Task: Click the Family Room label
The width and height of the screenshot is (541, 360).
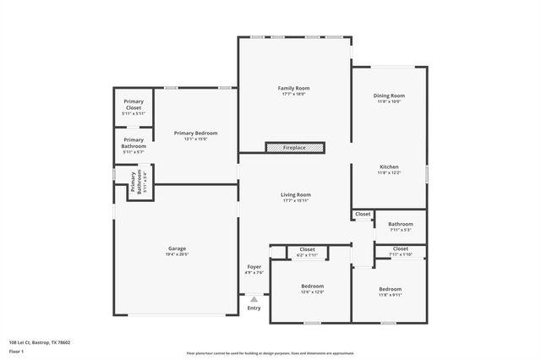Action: (294, 88)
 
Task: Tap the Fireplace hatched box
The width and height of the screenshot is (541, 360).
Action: (295, 148)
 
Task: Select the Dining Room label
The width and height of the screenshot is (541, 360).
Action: (390, 95)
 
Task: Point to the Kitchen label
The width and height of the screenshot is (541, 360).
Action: (389, 167)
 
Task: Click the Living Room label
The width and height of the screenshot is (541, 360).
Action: (296, 194)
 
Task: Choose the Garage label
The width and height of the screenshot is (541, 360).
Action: (177, 248)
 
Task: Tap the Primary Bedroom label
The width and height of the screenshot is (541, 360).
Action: (195, 133)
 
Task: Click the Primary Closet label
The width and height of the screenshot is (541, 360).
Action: (134, 105)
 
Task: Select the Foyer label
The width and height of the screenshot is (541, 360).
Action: (254, 267)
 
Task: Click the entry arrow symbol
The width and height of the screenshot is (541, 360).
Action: (254, 298)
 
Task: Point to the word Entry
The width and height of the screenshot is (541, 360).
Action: (254, 308)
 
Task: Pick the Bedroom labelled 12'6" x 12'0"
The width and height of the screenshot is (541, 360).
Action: (312, 286)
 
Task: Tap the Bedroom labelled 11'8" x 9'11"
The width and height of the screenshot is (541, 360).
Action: (390, 289)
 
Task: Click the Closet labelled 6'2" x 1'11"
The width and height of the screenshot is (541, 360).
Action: (307, 249)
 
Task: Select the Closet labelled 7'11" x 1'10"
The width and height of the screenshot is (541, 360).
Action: (400, 248)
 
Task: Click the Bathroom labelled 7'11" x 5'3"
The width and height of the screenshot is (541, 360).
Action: (400, 224)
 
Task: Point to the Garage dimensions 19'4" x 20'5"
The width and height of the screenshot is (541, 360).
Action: (177, 254)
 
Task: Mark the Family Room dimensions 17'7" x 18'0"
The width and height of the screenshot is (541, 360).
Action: (294, 94)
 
